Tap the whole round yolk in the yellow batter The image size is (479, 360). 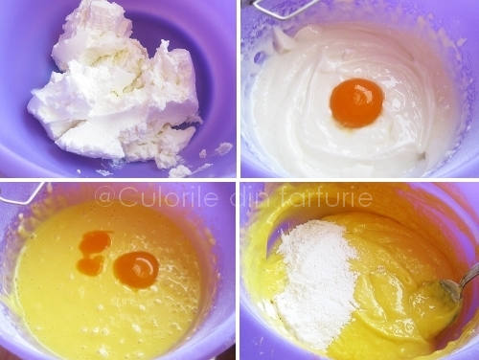point(136,270)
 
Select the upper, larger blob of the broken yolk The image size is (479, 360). point(96,242)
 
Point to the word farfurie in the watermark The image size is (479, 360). point(324,197)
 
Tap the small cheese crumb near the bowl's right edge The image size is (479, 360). point(224,147)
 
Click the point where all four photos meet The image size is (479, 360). point(239,180)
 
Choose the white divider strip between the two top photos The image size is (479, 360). point(239,89)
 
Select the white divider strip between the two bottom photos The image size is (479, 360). point(239,271)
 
